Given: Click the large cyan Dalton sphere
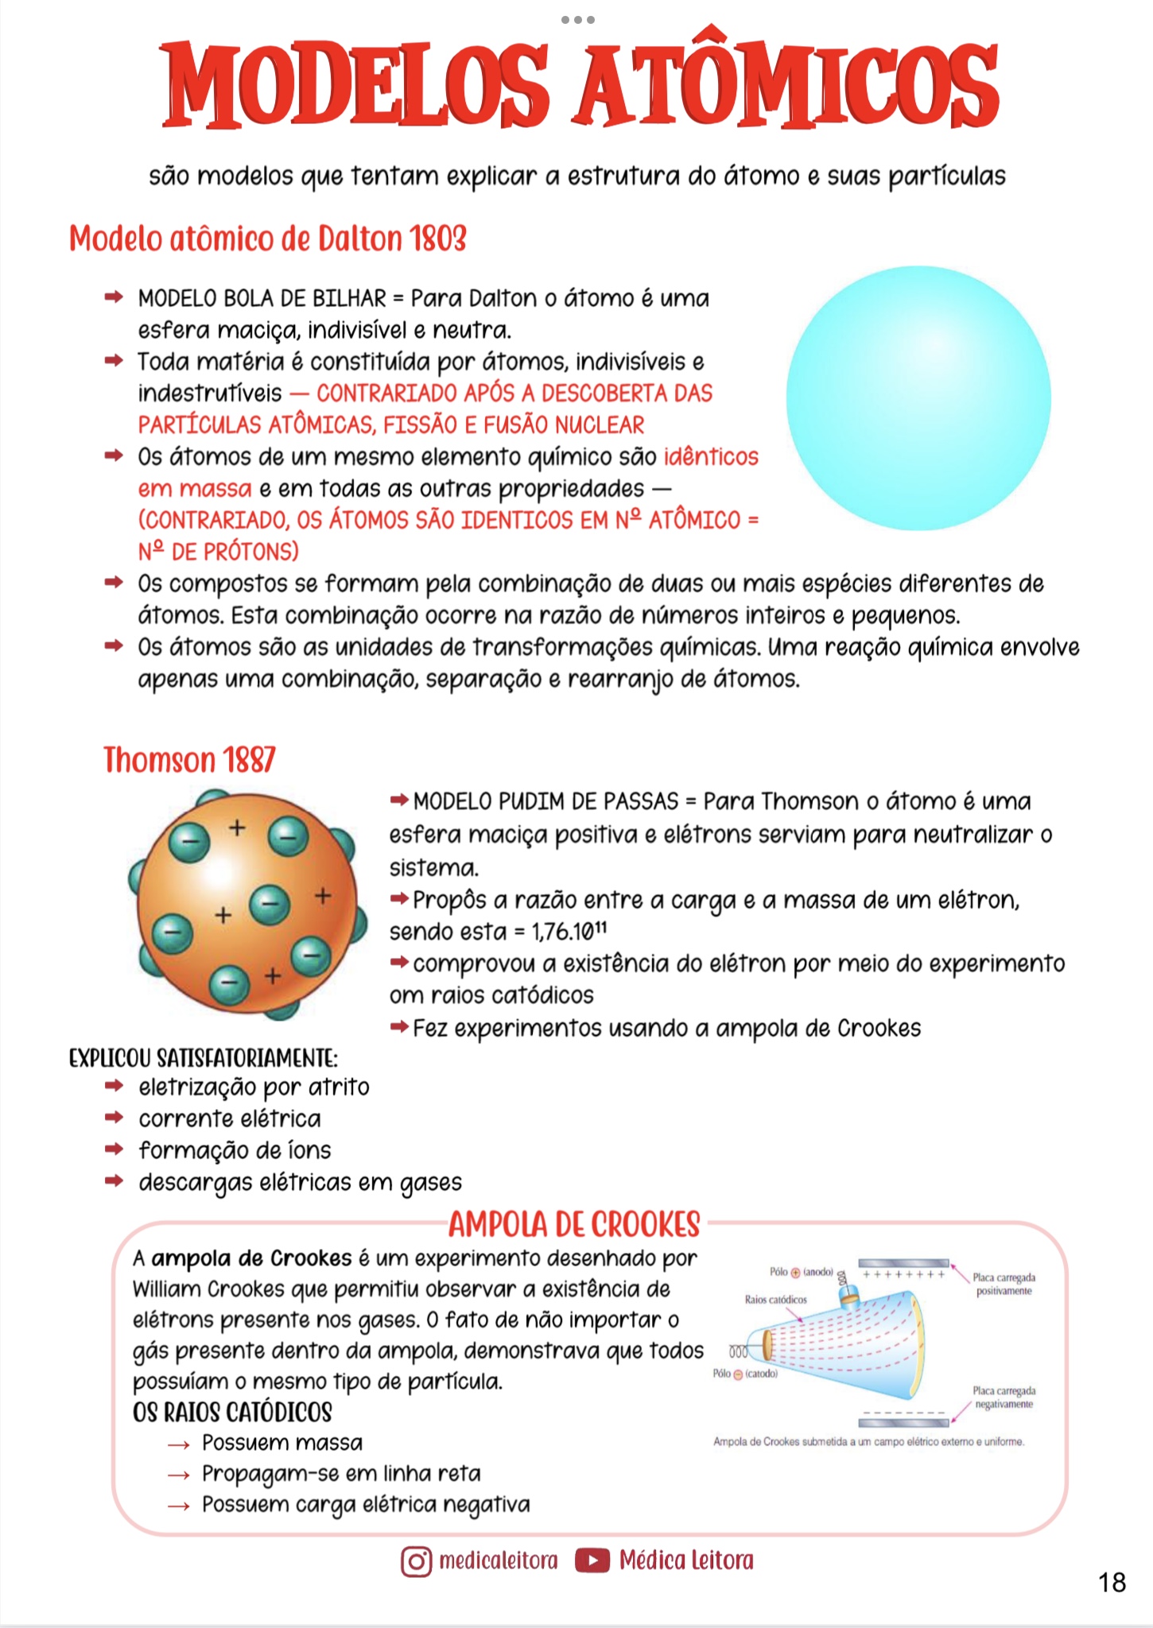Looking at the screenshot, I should pos(918,397).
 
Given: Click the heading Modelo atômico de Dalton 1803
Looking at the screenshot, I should pos(267,238).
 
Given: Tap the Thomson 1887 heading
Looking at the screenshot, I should pos(189,760).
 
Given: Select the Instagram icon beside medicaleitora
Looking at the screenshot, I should pos(417,1560).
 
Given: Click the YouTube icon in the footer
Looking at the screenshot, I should pos(592,1560).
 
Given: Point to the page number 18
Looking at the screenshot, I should pos(1112,1583).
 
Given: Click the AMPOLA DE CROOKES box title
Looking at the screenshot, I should pos(574,1224).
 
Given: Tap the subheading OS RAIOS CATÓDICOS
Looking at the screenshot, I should pos(232,1413).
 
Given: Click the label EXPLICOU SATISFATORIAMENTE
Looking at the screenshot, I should pos(204,1058).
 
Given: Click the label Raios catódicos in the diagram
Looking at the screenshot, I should pos(775,1300).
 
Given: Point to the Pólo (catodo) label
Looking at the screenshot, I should pos(745,1374).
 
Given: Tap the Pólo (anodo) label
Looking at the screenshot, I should pos(801,1272).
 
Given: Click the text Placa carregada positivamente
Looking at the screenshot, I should pos(1004,1284).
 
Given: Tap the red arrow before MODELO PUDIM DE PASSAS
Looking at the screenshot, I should pos(399,800).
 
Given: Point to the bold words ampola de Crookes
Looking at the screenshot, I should pos(251,1258).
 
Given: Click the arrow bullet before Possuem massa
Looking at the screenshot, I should pos(179,1444).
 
